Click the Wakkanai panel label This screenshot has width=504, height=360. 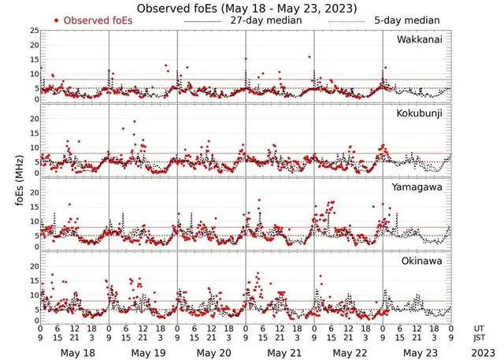pyautogui.click(x=422, y=39)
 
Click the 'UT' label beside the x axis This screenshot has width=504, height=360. pyautogui.click(x=479, y=328)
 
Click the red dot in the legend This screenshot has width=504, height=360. pyautogui.click(x=57, y=20)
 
